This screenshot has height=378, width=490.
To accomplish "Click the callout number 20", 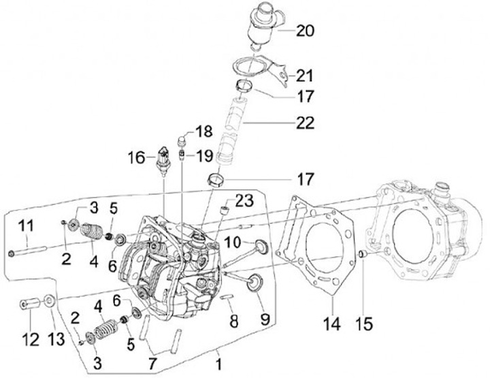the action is [305, 31].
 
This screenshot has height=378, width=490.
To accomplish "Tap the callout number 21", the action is [304, 76].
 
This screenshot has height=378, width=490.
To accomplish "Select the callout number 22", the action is [305, 123].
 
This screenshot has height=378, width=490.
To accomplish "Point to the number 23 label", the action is [244, 200].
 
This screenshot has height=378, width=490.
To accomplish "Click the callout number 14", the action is [331, 324].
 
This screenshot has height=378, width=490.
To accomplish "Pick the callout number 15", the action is [364, 324].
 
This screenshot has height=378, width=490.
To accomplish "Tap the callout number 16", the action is [137, 157].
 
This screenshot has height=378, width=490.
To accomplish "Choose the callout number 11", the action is [26, 226].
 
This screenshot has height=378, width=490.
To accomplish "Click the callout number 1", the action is [218, 364].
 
